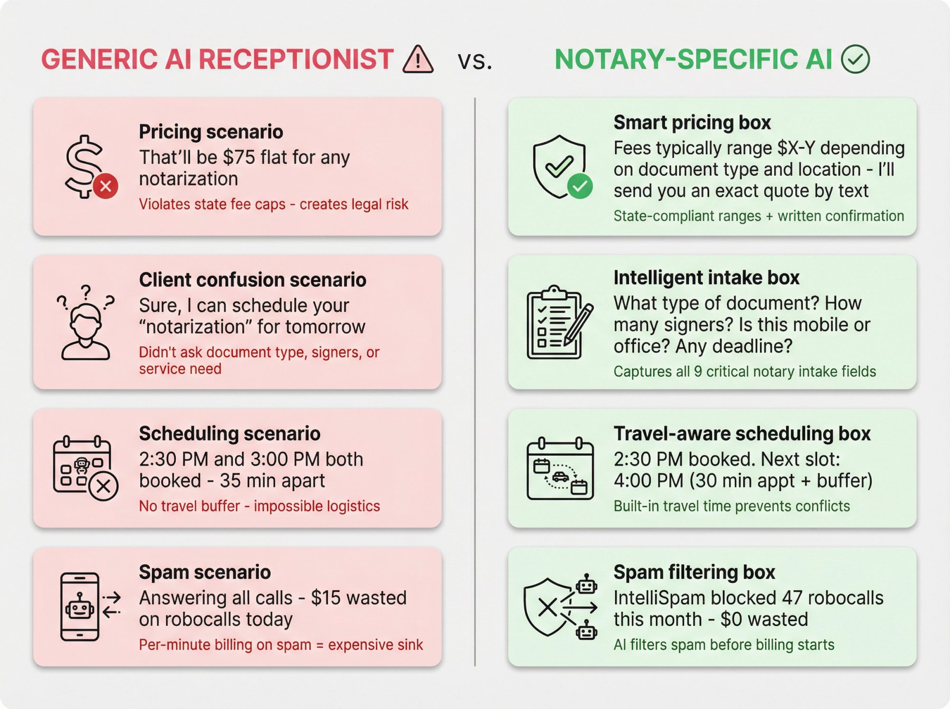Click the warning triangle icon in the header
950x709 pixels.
[418, 60]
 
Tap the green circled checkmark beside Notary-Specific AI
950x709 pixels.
[855, 59]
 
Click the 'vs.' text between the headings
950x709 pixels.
[475, 61]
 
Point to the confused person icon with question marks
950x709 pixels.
[85, 322]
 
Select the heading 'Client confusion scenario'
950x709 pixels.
[252, 280]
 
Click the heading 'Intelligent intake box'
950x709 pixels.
[706, 277]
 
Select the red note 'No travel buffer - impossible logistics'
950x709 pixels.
[259, 506]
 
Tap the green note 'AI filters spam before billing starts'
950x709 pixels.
[723, 645]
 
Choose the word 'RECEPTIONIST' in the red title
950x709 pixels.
[295, 60]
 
